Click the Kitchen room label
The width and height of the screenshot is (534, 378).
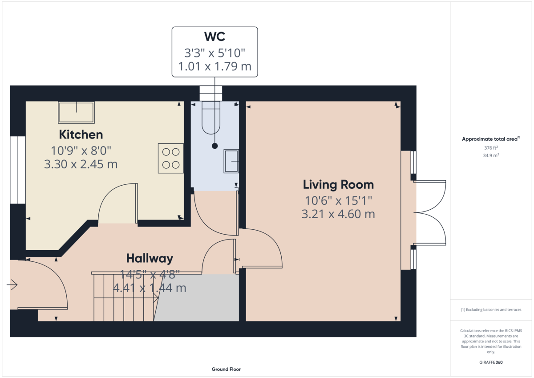81,134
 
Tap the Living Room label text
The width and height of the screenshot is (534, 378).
338,185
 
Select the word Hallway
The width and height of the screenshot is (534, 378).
150,259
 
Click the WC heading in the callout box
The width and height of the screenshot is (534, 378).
214,37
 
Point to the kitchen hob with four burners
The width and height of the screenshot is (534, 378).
171,158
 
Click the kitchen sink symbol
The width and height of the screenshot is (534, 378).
76,112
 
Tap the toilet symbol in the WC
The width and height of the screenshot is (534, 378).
211,118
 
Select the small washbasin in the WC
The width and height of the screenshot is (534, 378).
231,161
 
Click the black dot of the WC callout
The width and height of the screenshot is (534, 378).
215,146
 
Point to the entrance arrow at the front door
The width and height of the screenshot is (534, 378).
12,285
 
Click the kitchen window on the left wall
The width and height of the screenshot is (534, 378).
18,170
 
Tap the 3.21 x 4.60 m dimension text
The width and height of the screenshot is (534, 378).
338,214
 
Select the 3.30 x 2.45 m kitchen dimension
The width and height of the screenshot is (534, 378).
81,164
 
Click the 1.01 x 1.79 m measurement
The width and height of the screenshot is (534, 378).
215,66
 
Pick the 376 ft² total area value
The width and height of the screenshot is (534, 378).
491,148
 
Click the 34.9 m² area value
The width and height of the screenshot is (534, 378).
491,155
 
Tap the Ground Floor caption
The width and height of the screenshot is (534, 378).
226,369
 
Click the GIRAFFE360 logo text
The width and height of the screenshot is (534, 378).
491,362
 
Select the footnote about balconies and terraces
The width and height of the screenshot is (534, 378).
491,309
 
